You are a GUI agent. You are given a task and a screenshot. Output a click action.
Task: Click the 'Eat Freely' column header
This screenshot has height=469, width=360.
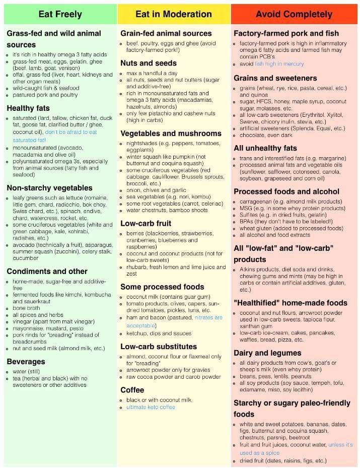pyautogui.click(x=60, y=14)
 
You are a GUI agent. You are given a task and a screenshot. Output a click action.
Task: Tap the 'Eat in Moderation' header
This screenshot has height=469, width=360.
pyautogui.click(x=174, y=14)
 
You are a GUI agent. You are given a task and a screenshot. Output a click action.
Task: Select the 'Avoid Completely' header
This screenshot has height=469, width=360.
pyautogui.click(x=294, y=14)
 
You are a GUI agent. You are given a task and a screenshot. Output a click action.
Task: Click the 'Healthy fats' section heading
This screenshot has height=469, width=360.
pyautogui.click(x=29, y=108)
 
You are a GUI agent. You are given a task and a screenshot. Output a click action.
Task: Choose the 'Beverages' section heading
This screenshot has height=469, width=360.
pyautogui.click(x=26, y=361)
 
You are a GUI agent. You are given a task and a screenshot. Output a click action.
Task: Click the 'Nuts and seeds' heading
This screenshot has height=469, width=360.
pyautogui.click(x=149, y=63)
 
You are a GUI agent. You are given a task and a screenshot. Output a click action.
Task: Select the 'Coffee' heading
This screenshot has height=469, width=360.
pyautogui.click(x=132, y=390)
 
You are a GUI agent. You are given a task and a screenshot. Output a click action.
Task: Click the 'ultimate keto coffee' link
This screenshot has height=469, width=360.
pyautogui.click(x=151, y=407)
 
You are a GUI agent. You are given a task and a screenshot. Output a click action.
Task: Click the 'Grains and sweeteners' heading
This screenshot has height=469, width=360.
pyautogui.click(x=275, y=78)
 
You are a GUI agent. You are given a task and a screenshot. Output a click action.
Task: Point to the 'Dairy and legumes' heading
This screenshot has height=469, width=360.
pyautogui.click(x=267, y=353)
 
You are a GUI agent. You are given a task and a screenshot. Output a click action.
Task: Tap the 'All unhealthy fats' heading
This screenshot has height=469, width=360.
pyautogui.click(x=265, y=148)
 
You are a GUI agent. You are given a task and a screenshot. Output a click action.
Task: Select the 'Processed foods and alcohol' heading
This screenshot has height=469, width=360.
pyautogui.click(x=286, y=191)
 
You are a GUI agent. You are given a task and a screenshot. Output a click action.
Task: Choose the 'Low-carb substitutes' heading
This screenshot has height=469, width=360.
pyautogui.click(x=159, y=347)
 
